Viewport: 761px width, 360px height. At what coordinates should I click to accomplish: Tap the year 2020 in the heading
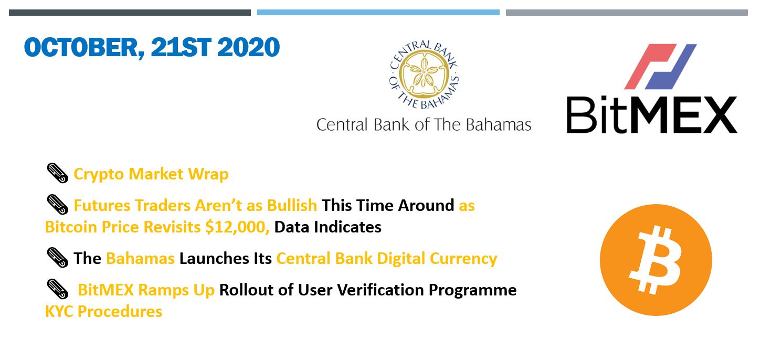(x=248, y=48)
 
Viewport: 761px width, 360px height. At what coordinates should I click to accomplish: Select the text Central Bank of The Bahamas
(x=424, y=125)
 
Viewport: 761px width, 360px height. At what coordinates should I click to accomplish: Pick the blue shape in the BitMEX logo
(x=671, y=67)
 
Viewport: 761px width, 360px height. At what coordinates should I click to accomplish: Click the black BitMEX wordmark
(x=652, y=115)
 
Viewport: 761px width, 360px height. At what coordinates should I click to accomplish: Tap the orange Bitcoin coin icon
(x=656, y=260)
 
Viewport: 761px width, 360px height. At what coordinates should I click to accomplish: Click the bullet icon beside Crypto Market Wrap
(x=57, y=173)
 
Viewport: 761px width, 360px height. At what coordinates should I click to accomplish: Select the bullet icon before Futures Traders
(x=57, y=205)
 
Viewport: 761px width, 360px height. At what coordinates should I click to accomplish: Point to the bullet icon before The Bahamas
(x=57, y=258)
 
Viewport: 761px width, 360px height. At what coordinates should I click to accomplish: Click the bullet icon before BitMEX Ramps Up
(x=57, y=289)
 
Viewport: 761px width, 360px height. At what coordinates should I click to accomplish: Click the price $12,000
(x=237, y=227)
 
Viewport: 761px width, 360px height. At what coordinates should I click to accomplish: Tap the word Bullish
(x=292, y=206)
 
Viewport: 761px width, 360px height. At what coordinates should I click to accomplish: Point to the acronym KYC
(x=59, y=311)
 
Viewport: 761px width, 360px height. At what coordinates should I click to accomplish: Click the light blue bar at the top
(x=378, y=13)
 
